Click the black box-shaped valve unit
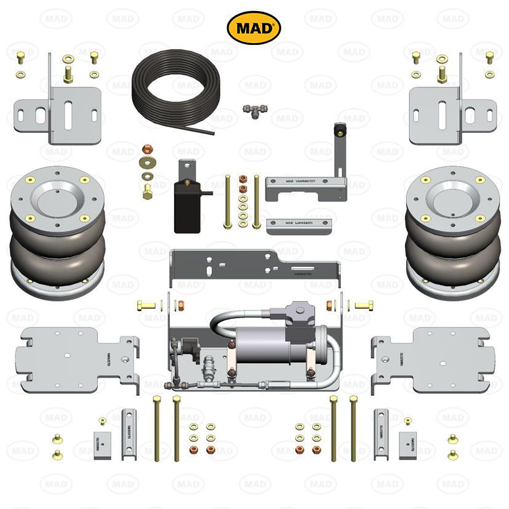coord(188,206)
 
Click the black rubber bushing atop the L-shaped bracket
coord(337,131)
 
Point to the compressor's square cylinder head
coord(300,312)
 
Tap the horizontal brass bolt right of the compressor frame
coord(363,305)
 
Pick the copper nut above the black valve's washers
coord(148,150)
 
